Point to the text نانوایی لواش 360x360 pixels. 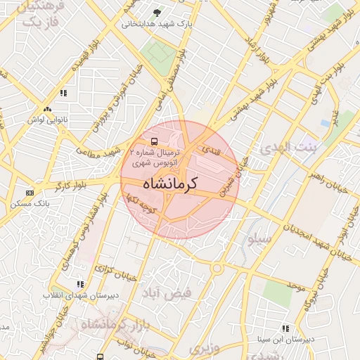[x=47, y=120]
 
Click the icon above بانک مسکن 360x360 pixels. [x=30, y=193]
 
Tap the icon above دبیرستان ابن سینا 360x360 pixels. [x=285, y=328]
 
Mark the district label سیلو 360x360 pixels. [x=259, y=239]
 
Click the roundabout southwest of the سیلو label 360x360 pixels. [x=217, y=268]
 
